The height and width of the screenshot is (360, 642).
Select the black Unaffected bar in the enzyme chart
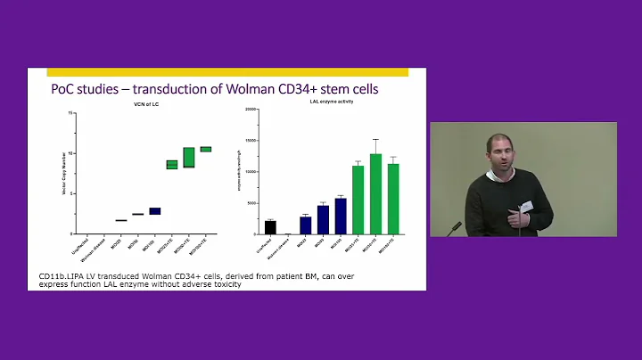271,227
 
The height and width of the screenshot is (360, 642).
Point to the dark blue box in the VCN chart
155,211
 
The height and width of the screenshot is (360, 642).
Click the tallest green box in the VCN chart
189,157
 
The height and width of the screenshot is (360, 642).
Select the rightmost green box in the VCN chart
206,149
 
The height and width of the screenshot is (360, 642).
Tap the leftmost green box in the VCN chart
172,164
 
